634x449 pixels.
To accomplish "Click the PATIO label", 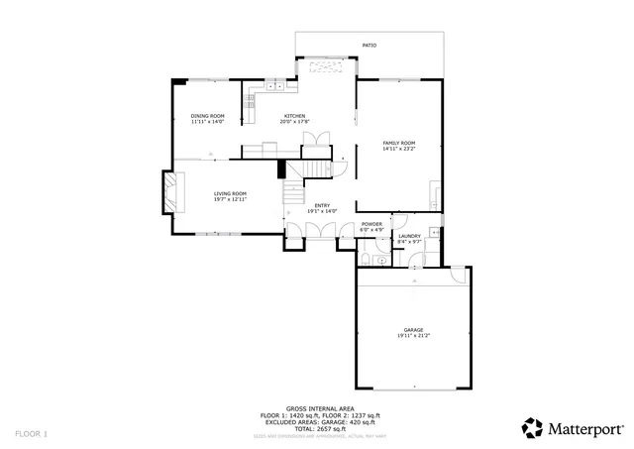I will [369, 45].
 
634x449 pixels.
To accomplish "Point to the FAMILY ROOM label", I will [399, 143].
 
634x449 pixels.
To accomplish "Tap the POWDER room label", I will [371, 224].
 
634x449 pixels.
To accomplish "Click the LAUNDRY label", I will [409, 236].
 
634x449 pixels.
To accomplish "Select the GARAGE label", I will [413, 329].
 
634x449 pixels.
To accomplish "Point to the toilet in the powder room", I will [366, 259].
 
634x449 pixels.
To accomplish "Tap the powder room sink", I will [381, 260].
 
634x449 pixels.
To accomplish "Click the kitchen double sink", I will [274, 87].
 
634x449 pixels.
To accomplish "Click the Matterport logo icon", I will [532, 427].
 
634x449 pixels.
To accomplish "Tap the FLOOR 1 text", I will [31, 433].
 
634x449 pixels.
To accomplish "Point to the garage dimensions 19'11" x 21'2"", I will [413, 336].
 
